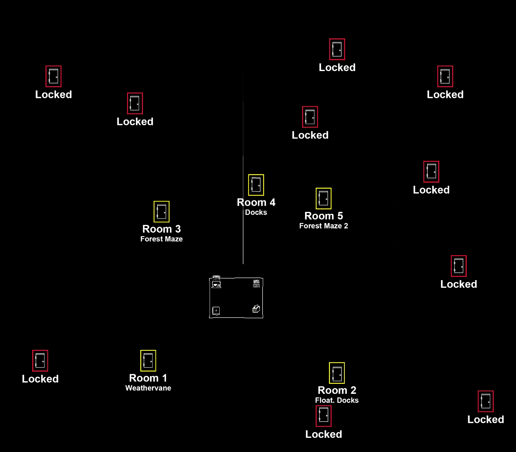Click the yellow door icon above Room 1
pos(148,361)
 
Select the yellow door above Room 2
pos(337,373)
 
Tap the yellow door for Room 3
pos(162,212)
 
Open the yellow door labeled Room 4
pos(256,185)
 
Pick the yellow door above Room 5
pos(323,198)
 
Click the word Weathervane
pos(148,388)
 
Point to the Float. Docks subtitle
pos(337,400)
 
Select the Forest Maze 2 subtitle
pos(323,226)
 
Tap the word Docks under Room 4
pos(256,212)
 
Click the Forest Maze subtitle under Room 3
pos(162,239)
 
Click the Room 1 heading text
pos(148,378)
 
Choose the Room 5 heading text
pos(323,216)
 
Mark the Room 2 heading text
pos(337,390)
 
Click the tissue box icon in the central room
pos(256,309)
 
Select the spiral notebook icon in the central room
pos(216,311)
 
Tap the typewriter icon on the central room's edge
pos(216,282)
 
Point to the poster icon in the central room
pos(256,283)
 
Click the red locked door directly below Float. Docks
pos(323,416)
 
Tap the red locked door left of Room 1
pos(40,361)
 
